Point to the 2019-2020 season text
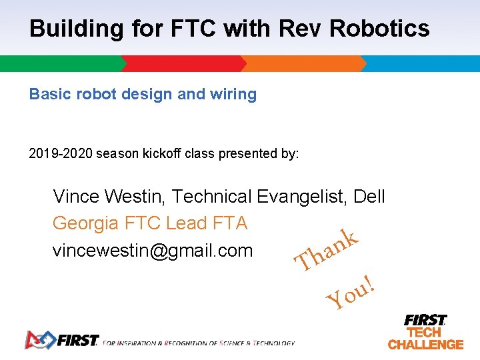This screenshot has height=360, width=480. point(61,154)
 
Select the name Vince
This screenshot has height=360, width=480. point(76,197)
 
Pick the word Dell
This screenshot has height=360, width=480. point(369,197)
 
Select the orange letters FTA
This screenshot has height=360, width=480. point(229,223)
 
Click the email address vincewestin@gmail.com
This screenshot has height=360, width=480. point(153,251)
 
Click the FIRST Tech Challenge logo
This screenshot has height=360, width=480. point(425,331)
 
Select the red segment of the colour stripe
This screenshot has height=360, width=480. point(183,63)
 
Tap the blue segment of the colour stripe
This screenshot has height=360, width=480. point(423,63)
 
